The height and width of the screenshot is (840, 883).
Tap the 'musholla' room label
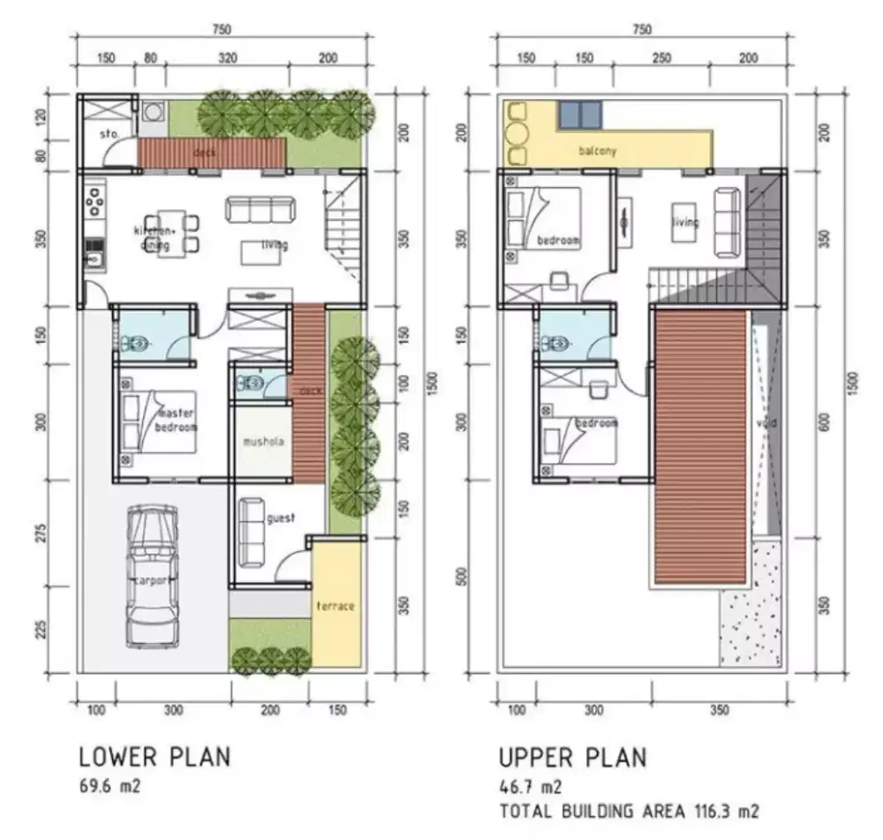tap(265, 443)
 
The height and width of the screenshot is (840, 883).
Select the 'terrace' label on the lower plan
tap(336, 606)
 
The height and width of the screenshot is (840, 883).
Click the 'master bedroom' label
tap(176, 420)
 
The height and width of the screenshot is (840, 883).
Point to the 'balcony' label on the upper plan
tap(598, 151)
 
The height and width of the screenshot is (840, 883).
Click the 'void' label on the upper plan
tap(766, 423)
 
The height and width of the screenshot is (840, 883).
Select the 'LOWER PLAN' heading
tap(155, 757)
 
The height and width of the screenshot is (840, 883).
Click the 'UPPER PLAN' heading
tap(572, 757)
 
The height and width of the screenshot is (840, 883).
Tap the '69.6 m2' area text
tap(109, 785)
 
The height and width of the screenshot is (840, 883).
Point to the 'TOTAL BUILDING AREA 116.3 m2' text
tap(629, 810)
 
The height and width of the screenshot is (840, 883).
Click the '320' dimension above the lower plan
tap(228, 58)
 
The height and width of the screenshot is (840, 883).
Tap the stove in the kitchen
tap(94, 201)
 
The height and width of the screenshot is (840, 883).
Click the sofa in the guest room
tap(251, 531)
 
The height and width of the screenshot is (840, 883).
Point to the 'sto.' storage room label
tap(109, 135)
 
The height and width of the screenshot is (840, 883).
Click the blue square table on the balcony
tap(580, 113)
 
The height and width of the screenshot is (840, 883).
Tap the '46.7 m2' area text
tap(529, 785)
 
